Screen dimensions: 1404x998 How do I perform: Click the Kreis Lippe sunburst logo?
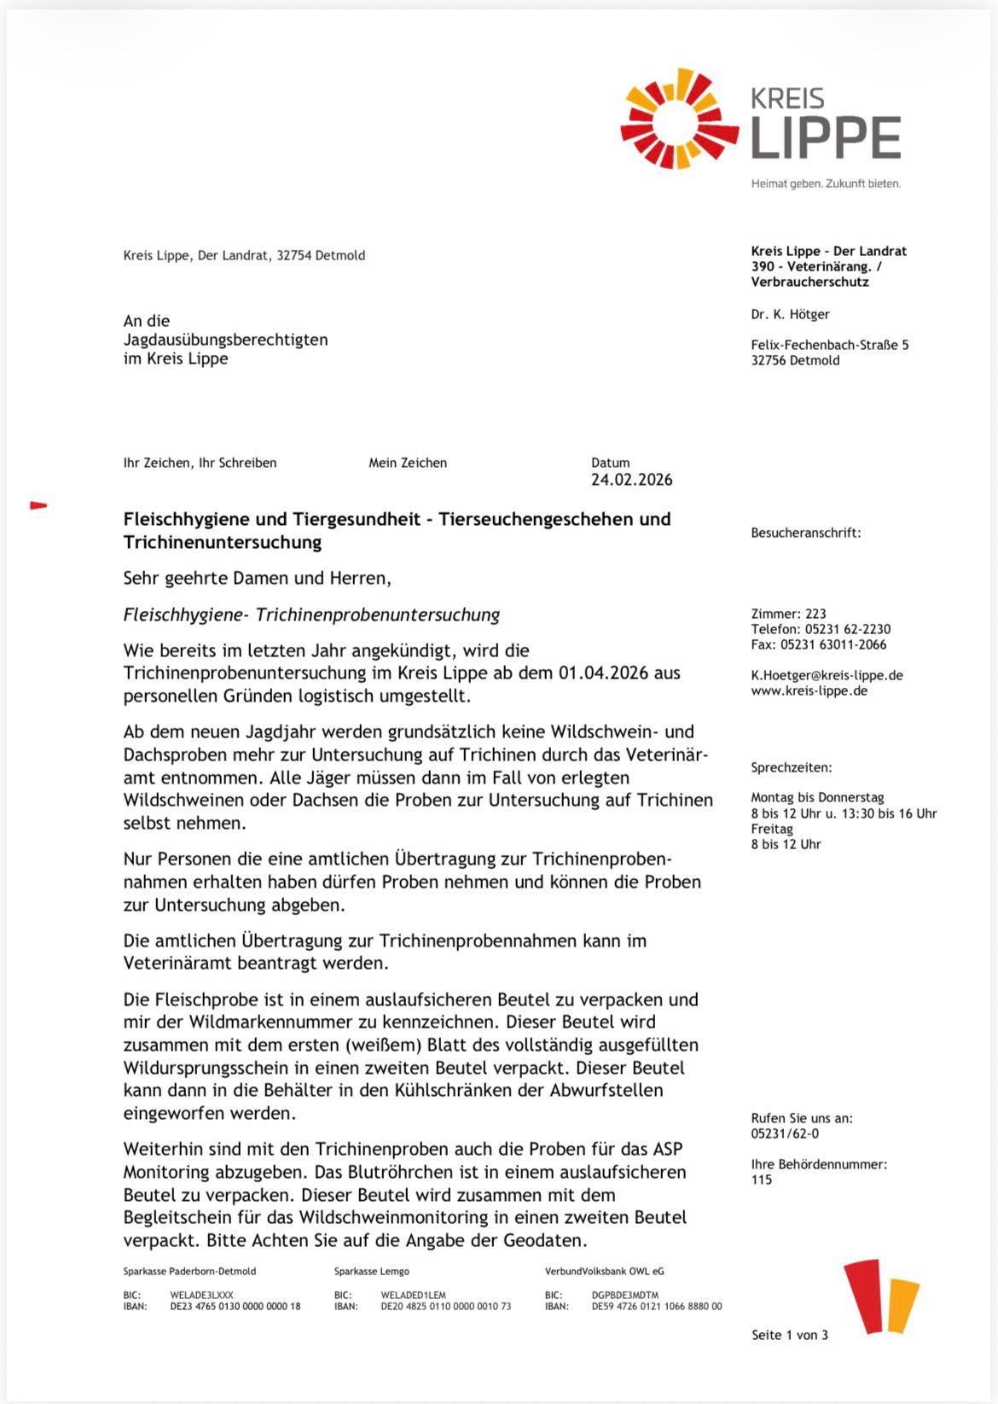679,119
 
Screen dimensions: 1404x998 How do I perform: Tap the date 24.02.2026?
631,480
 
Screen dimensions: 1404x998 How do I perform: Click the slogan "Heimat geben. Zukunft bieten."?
825,184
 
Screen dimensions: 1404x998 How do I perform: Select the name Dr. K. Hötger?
790,314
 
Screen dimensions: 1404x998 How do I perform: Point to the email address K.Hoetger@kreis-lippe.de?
827,675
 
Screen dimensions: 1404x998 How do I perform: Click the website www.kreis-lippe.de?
809,690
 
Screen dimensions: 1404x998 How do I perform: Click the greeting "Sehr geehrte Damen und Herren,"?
257,578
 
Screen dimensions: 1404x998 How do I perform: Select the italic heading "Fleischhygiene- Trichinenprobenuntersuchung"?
311,615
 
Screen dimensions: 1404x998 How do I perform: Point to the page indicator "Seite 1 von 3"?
789,1335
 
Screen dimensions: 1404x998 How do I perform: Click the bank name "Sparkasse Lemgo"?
371,1271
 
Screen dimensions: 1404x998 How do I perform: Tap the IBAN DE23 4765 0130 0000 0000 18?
235,1306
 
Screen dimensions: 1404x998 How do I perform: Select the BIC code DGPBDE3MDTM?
624,1295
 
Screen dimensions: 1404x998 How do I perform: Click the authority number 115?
761,1180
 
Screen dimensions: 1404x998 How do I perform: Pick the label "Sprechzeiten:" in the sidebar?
791,767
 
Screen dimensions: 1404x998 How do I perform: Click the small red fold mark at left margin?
38,505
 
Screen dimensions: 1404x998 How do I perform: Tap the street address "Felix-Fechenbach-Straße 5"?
829,345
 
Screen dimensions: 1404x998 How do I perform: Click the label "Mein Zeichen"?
407,463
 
